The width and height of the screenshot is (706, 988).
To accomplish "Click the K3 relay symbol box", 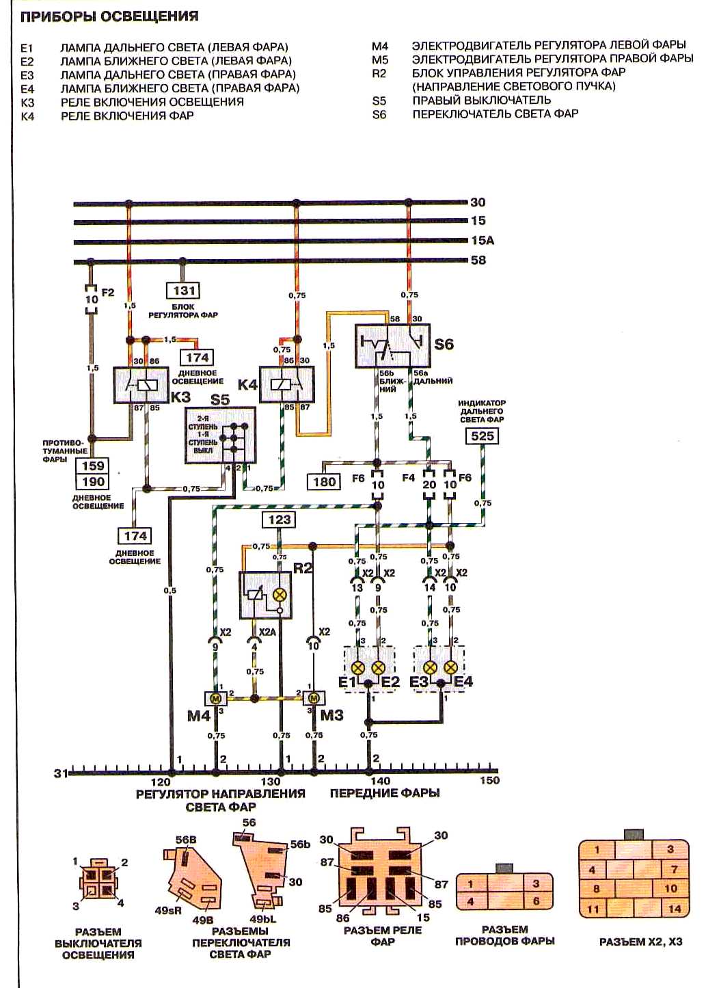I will [x=141, y=384].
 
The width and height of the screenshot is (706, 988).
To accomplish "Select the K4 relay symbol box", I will [x=287, y=384].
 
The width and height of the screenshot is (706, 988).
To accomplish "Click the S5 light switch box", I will [x=221, y=435].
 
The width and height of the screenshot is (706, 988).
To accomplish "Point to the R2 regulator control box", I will [x=265, y=596].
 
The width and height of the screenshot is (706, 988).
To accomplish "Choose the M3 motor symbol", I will [x=314, y=699].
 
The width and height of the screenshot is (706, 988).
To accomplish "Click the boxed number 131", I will [x=184, y=291].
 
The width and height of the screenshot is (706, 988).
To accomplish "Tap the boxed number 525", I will [x=483, y=436].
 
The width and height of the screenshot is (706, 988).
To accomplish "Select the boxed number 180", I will [x=324, y=481].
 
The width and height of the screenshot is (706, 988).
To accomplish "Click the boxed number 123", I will [x=280, y=520].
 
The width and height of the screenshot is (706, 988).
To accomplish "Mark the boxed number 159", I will [x=93, y=466].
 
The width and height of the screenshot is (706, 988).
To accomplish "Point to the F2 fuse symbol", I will [x=91, y=299].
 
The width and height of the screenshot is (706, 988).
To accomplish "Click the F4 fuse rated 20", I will [x=429, y=484].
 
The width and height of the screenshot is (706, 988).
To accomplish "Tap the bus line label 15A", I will [x=483, y=241].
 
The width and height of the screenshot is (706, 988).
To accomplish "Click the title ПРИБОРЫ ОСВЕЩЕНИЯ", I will [x=109, y=16].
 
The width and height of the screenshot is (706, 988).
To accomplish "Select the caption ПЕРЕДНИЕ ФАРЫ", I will [x=385, y=793].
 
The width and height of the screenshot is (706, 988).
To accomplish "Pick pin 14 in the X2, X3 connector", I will [x=675, y=909].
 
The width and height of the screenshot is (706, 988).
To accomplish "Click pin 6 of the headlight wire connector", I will [x=536, y=901].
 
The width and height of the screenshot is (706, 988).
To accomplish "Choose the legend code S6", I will [x=379, y=115].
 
